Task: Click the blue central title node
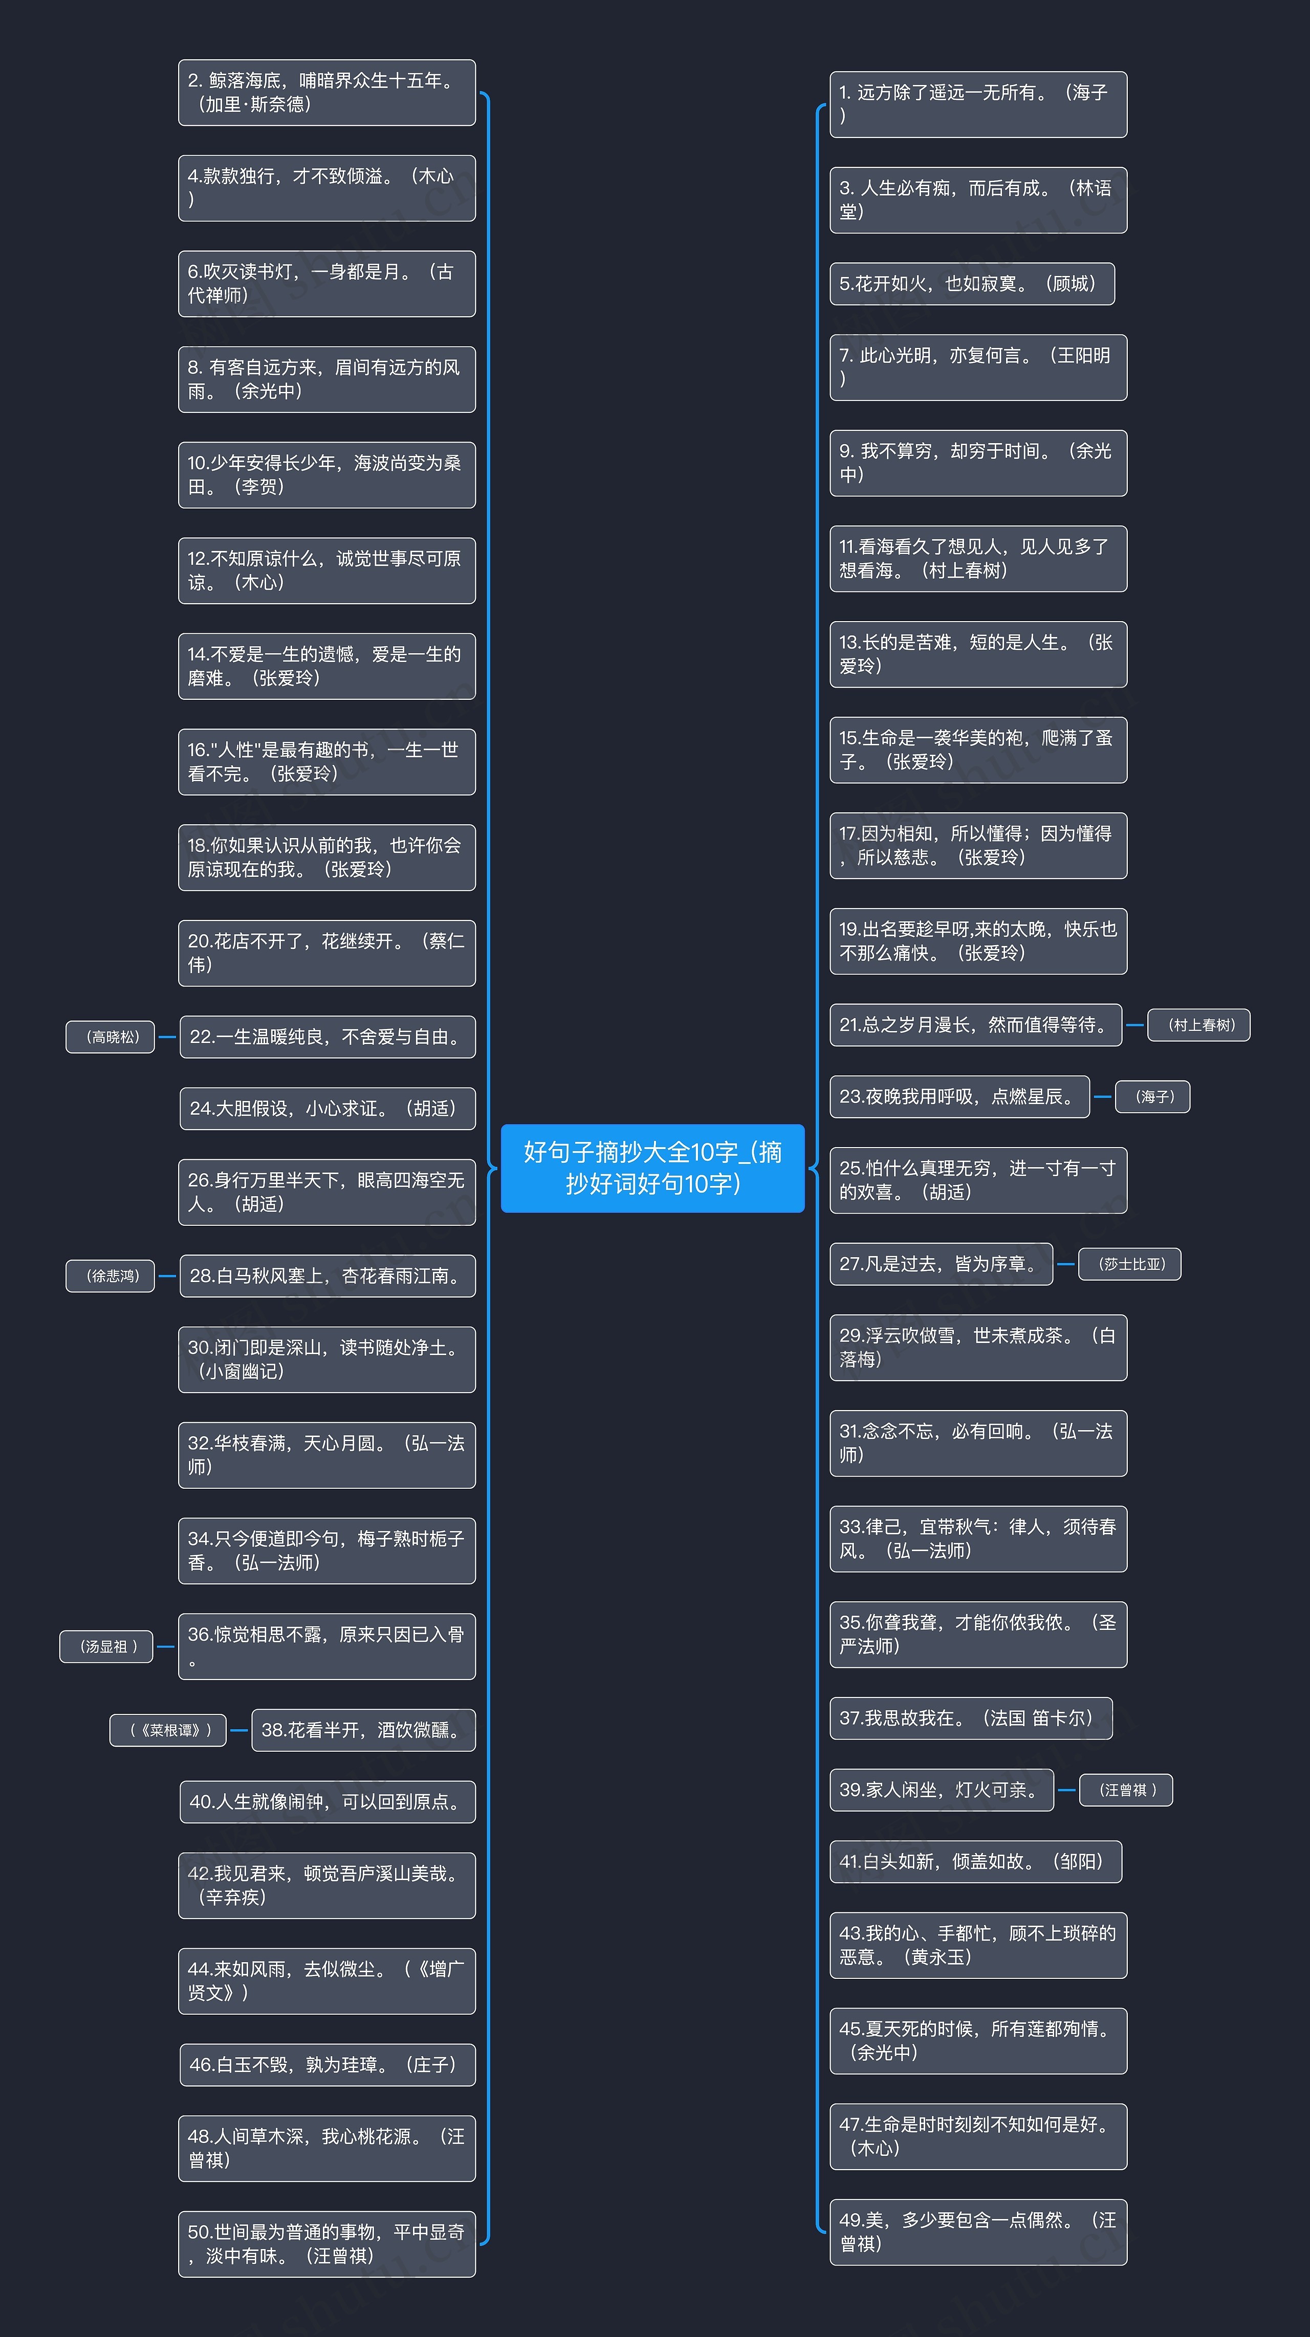pos(652,1167)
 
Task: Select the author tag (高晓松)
pos(110,1037)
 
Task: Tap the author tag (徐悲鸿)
pos(110,1275)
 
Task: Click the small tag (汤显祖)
pos(106,1647)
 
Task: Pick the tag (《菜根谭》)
pos(168,1730)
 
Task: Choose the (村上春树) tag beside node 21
pos(1198,1025)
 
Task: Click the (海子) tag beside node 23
pos(1152,1097)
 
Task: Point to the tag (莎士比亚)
pos(1129,1264)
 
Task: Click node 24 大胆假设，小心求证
pos(327,1109)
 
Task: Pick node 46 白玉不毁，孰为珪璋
pos(327,2065)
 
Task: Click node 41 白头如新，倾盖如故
pos(975,1862)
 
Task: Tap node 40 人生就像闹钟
pos(327,1802)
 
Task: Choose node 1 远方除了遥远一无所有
pos(978,104)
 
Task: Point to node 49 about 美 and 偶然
pos(978,2232)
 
